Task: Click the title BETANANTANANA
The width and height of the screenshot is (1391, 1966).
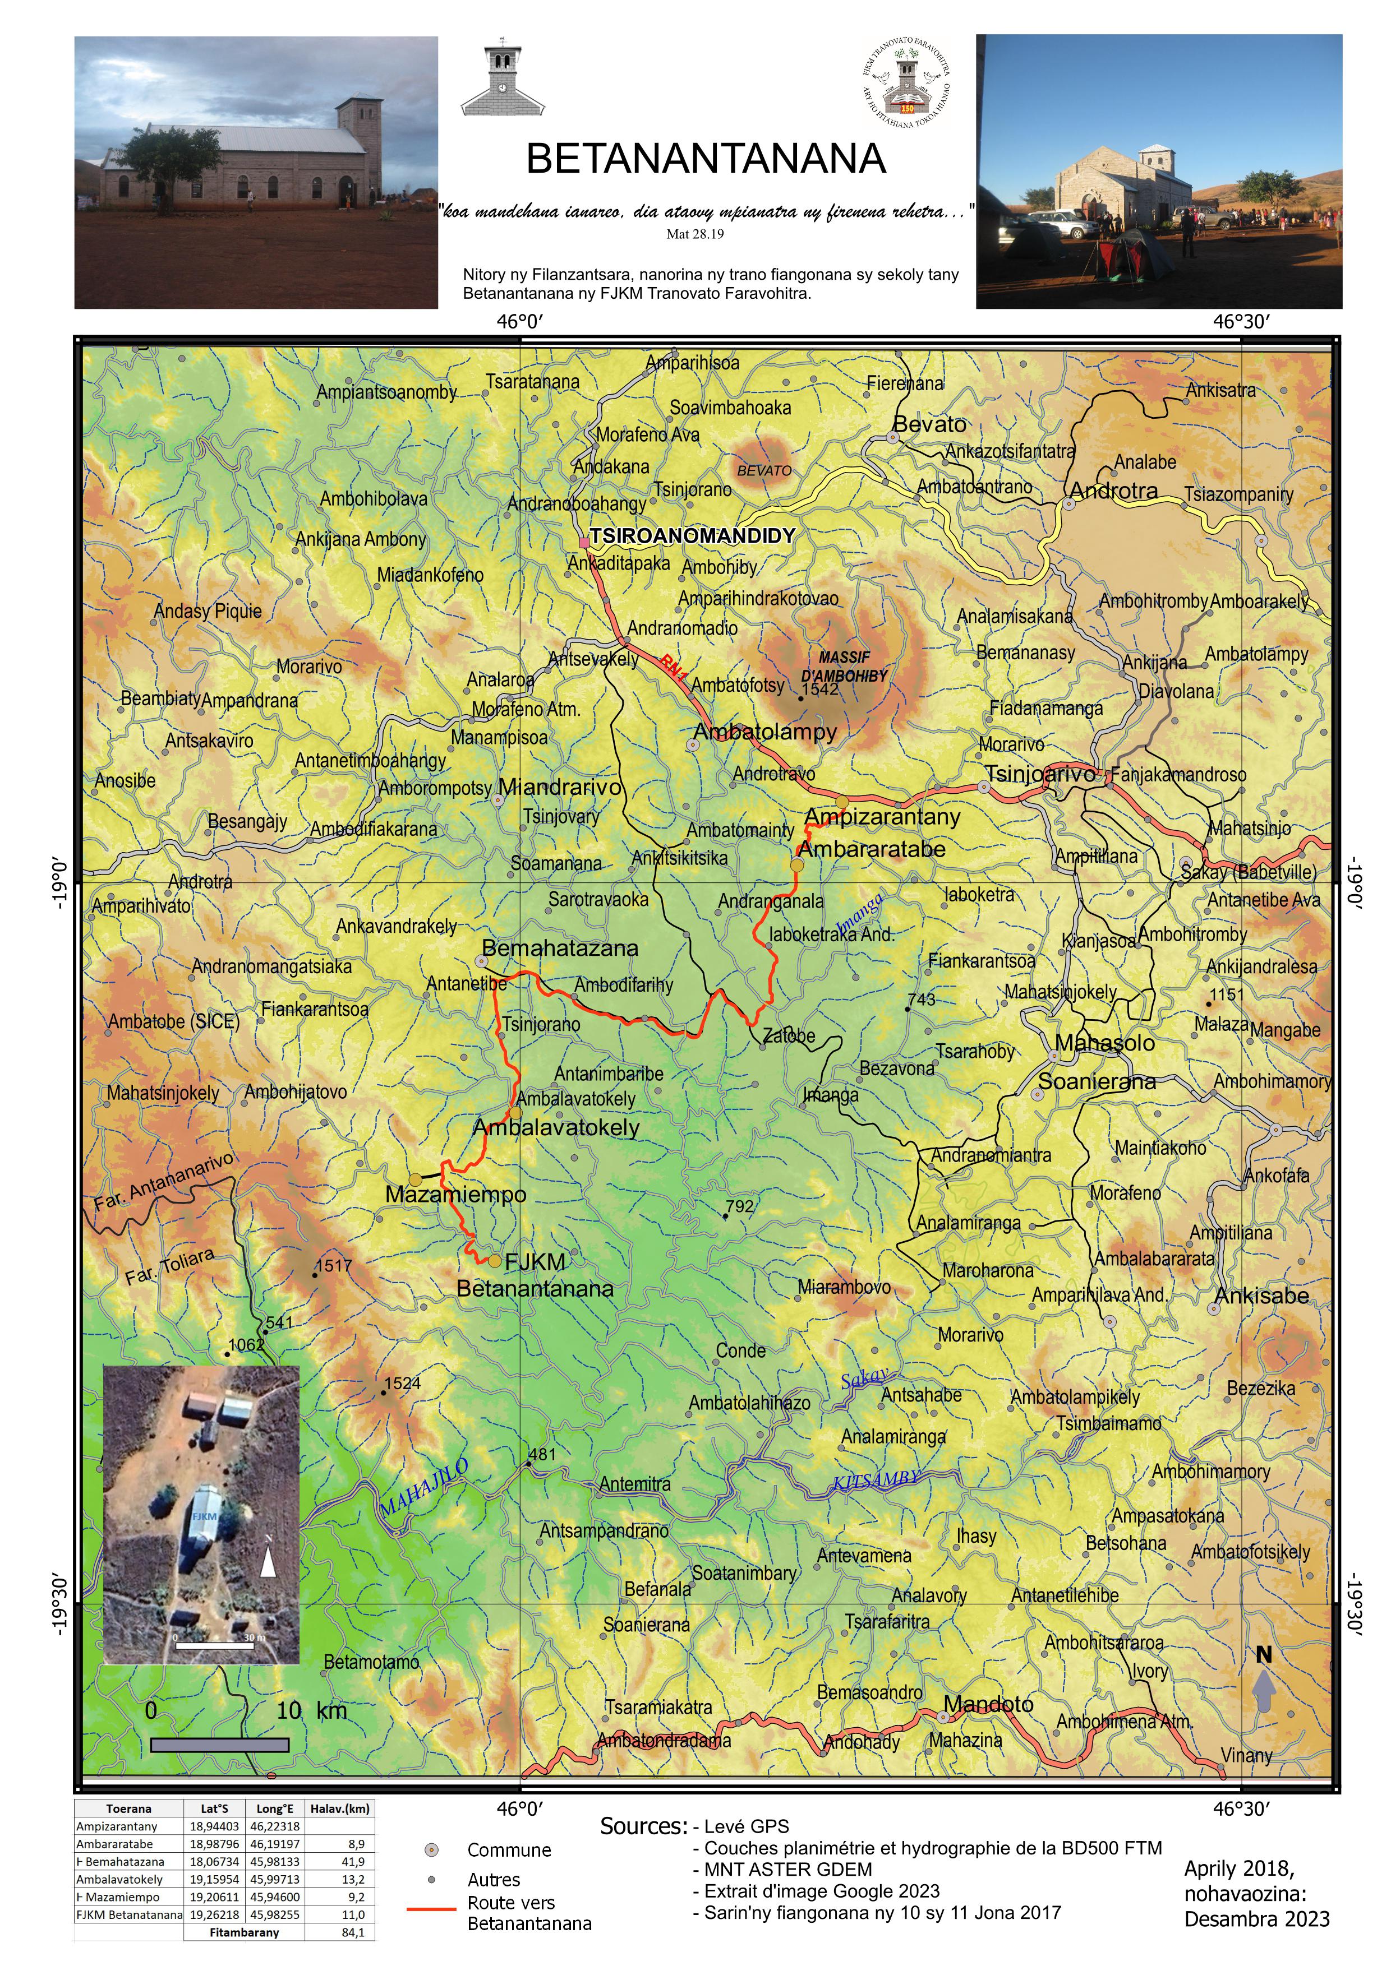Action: (x=705, y=159)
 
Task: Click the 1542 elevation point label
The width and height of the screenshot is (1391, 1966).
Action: (x=821, y=690)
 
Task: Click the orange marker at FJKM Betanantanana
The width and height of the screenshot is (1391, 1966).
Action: (x=494, y=1260)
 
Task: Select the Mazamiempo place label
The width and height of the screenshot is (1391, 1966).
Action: (x=455, y=1194)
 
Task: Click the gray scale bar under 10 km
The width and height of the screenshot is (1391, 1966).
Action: (x=219, y=1744)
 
